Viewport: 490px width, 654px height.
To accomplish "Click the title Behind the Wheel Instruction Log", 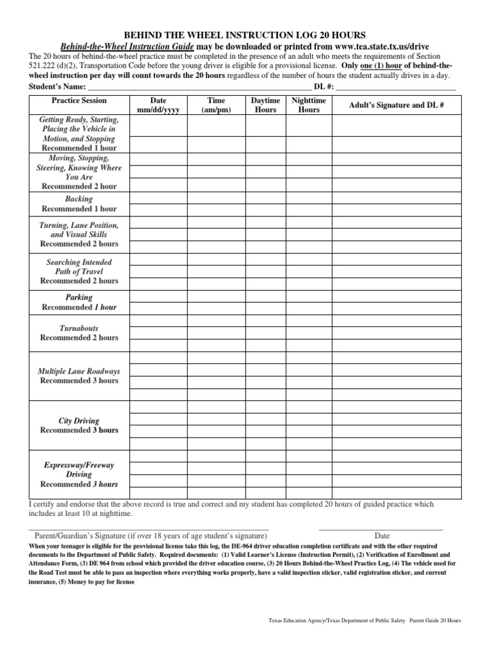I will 244,35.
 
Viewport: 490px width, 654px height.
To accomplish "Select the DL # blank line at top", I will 395,87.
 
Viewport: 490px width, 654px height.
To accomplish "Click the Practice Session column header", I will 79,101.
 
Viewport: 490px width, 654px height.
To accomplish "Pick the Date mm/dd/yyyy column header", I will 158,105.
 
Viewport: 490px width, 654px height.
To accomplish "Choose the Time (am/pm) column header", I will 216,105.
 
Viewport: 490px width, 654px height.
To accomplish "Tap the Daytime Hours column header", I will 265,105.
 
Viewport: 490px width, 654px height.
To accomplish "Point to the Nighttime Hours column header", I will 309,105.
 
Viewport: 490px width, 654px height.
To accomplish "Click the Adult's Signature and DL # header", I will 396,105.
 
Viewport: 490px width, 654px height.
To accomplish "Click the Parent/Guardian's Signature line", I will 148,529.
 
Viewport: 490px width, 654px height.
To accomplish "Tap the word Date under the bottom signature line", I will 382,536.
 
